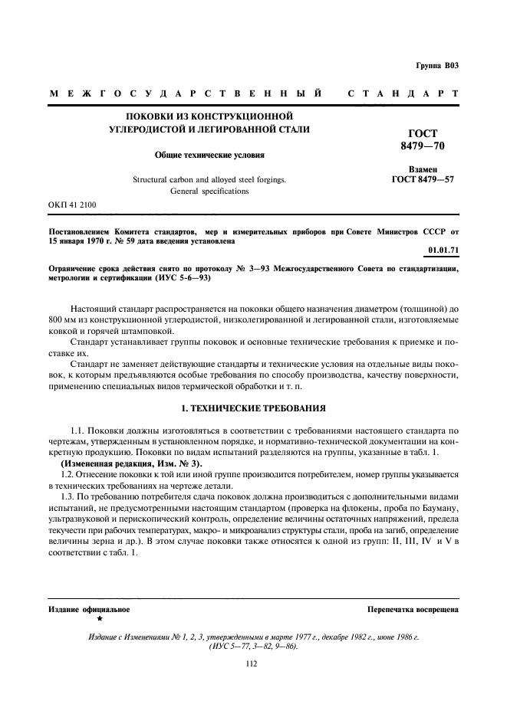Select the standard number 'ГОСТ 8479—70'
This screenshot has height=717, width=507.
click(x=422, y=139)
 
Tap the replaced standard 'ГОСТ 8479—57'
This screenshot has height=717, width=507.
click(x=422, y=181)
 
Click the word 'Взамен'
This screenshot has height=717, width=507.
click(x=423, y=169)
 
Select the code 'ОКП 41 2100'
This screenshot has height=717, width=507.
click(x=72, y=205)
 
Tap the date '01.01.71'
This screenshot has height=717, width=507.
click(x=443, y=249)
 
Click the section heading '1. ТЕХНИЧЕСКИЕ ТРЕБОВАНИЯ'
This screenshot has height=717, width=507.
click(x=253, y=409)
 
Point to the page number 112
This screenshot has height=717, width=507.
click(x=252, y=664)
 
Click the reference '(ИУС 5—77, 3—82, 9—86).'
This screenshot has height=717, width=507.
click(x=253, y=645)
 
